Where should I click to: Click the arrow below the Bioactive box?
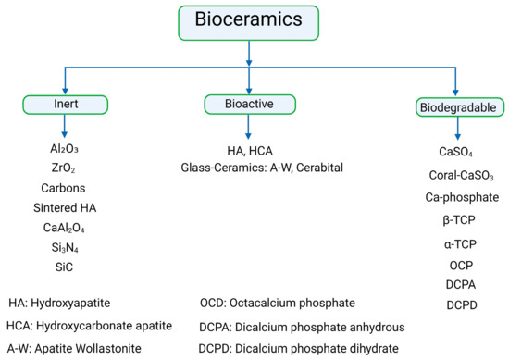(248, 130)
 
